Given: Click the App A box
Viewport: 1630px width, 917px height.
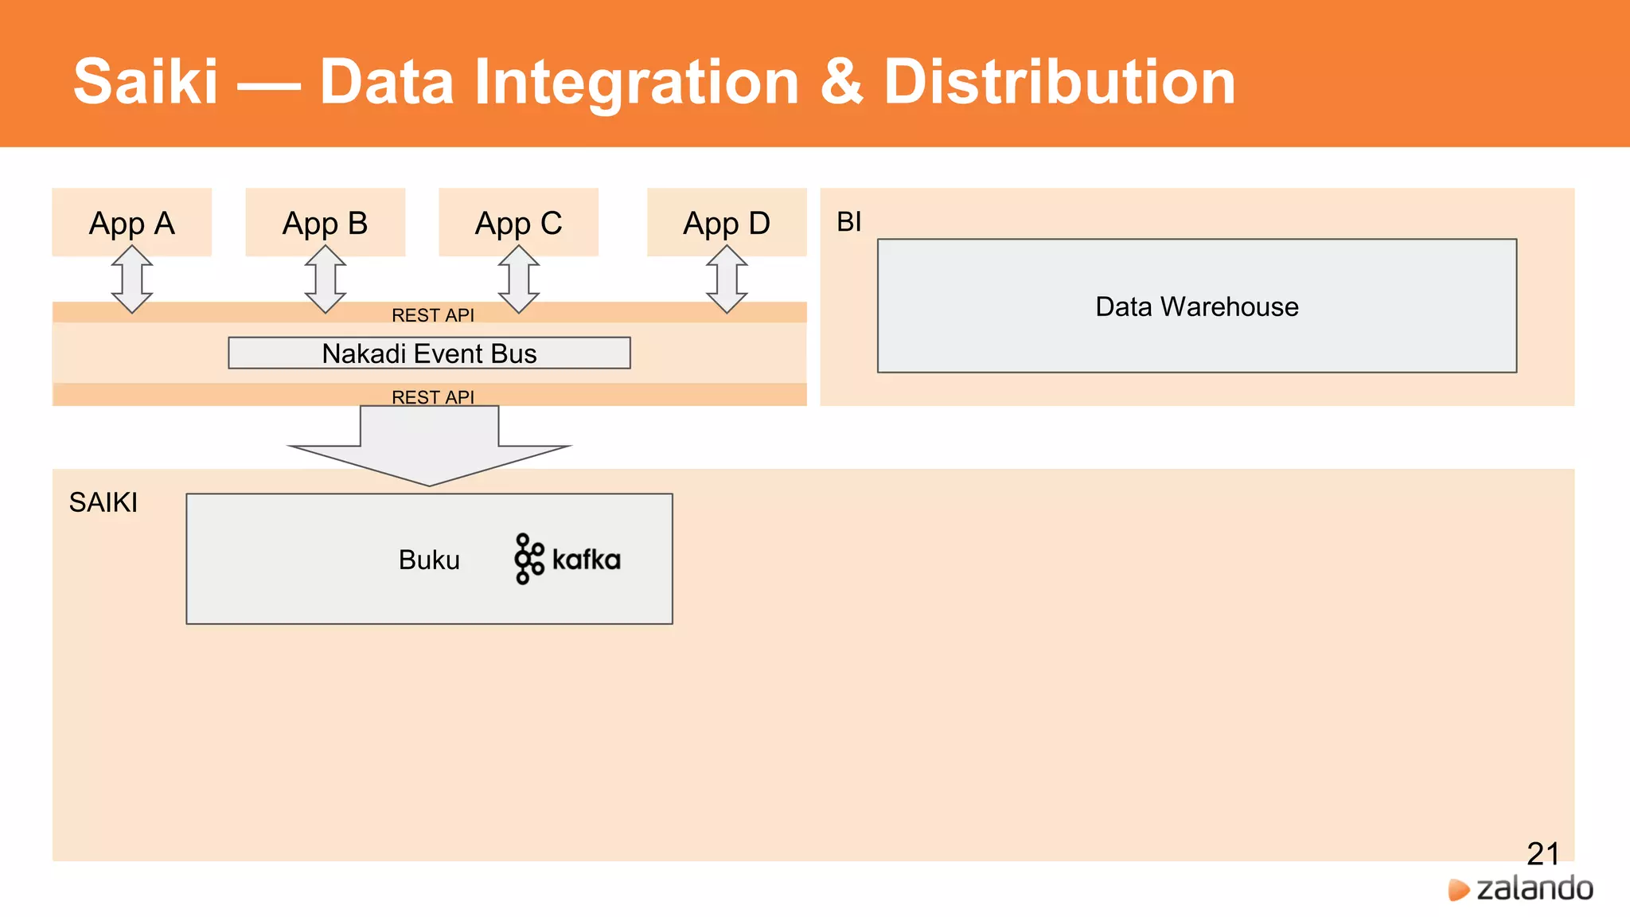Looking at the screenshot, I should (x=131, y=222).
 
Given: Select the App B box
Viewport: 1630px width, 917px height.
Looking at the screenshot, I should (x=325, y=222).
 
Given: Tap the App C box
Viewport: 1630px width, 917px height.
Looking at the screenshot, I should (x=518, y=222).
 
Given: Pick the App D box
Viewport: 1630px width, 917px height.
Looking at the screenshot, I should (x=726, y=222).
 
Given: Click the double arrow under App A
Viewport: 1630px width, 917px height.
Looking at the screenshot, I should (x=132, y=279).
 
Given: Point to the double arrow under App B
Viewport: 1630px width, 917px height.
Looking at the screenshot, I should (x=326, y=279).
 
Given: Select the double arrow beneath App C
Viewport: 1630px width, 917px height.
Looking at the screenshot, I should (x=519, y=279).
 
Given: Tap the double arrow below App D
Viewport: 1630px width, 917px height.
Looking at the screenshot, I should (x=727, y=279).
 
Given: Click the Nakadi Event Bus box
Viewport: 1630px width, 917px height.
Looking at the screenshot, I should (x=429, y=353).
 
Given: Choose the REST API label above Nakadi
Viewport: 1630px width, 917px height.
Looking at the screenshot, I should (x=432, y=315).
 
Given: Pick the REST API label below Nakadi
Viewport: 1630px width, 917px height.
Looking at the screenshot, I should (x=432, y=396).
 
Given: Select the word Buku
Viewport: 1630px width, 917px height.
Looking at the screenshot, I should (x=429, y=560).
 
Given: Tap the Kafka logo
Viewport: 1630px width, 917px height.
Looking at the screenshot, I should (x=567, y=559).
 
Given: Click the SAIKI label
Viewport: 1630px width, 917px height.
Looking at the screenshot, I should (x=103, y=502).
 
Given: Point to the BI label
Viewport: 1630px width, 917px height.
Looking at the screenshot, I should (x=848, y=221).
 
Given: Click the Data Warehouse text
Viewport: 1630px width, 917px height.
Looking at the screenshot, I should (x=1196, y=306).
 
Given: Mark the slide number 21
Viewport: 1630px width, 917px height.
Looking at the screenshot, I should (x=1542, y=853).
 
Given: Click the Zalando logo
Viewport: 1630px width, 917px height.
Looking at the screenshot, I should (x=1521, y=888).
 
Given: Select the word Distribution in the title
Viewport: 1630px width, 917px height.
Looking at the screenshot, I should (x=1059, y=82).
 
